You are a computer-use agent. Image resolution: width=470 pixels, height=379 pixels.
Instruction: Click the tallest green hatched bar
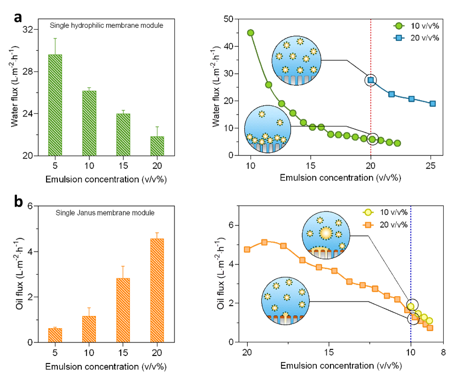(55, 105)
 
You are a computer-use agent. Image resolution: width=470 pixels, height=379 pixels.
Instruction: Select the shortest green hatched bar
(157, 145)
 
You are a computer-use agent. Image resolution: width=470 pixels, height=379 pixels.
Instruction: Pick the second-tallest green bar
(89, 123)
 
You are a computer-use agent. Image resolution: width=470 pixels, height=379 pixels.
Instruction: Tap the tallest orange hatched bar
(157, 290)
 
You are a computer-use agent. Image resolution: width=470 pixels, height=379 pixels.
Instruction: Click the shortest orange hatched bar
(55, 335)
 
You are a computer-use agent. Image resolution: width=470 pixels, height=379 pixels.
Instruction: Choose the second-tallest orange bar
(123, 309)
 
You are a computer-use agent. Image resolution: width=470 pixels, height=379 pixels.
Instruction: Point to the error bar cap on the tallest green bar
(55, 38)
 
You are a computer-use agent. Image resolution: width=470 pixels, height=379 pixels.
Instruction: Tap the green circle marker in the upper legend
(399, 26)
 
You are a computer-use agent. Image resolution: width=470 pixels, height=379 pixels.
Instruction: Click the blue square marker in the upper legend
(399, 38)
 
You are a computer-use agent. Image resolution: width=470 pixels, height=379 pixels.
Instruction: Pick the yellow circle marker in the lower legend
(368, 213)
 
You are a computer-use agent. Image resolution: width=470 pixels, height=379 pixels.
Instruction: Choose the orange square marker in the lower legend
(368, 225)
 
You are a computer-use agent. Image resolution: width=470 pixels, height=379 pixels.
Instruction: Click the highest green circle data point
(251, 32)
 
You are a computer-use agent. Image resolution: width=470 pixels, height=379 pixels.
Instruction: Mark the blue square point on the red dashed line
(371, 80)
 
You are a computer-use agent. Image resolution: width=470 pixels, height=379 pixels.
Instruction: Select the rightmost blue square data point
(432, 103)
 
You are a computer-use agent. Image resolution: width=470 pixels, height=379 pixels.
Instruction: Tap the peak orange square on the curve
(264, 242)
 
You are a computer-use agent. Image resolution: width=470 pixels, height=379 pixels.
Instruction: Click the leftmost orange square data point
(247, 250)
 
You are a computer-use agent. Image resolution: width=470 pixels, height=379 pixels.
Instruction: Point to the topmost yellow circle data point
(411, 306)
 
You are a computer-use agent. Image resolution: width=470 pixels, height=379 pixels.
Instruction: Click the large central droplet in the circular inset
(326, 233)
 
